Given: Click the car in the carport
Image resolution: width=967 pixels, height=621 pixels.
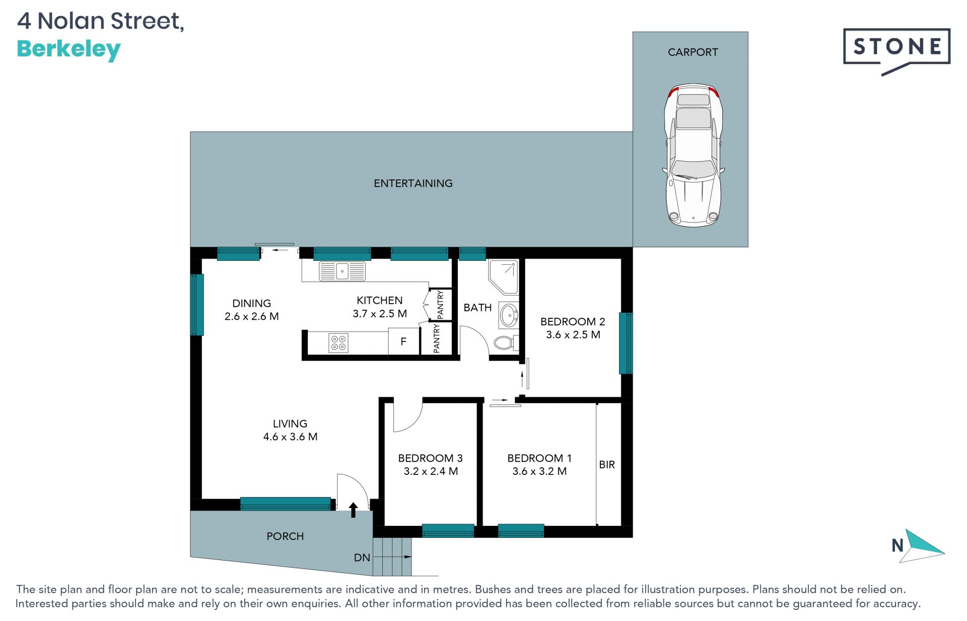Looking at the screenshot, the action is point(694,155).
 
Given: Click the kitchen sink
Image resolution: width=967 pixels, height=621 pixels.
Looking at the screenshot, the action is point(342,271).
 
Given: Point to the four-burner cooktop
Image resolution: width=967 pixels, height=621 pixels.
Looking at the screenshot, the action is point(338,343).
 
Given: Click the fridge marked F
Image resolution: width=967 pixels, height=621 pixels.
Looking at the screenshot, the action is point(403,341).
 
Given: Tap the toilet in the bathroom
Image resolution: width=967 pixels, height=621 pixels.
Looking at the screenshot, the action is point(505,343).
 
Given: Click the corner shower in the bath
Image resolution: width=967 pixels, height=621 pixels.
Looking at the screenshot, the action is point(504,277).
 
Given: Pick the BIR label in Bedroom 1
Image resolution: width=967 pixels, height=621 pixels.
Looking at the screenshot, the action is point(607,464).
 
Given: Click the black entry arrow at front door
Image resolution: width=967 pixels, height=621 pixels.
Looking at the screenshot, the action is point(353,510).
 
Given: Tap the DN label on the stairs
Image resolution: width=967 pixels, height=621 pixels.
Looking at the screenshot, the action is point(362,558).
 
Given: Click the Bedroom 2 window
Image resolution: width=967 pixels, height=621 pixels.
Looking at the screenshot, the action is point(626,343).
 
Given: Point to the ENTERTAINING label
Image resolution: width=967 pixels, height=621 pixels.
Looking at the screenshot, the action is point(413,183).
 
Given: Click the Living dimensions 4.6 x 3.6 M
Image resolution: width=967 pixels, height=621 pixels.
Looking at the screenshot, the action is point(290,437).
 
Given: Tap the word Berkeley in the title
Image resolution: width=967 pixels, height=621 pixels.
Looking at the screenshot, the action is point(69,50).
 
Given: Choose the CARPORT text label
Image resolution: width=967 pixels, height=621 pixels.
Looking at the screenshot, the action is point(693,52).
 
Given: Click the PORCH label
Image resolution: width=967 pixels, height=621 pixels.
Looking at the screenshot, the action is point(285,536).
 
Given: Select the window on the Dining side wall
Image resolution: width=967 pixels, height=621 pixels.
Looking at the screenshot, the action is point(197,305).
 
